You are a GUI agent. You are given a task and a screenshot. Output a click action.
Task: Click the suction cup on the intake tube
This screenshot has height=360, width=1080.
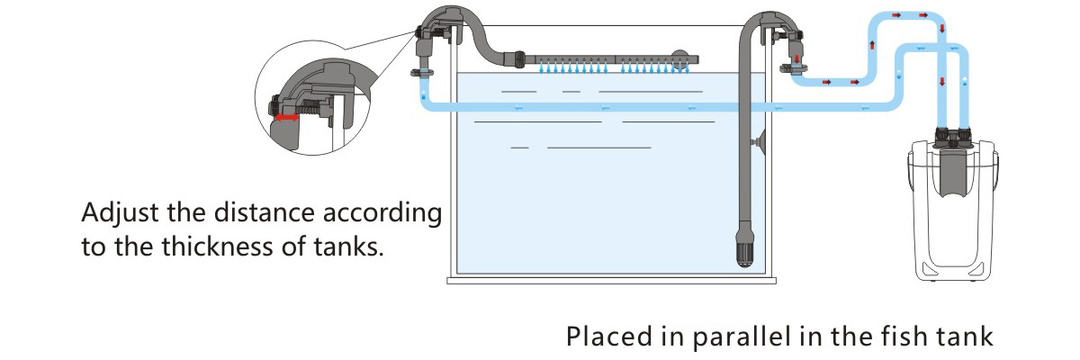[761, 141]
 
